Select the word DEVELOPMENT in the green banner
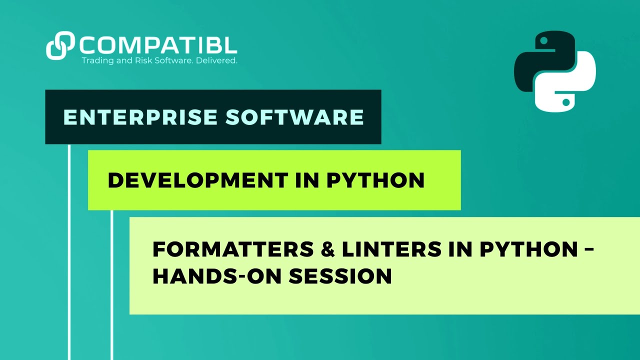point(197,180)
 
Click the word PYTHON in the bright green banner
point(375,180)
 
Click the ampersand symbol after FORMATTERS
point(327,249)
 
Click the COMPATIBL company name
point(157,46)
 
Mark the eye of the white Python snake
point(565,102)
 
